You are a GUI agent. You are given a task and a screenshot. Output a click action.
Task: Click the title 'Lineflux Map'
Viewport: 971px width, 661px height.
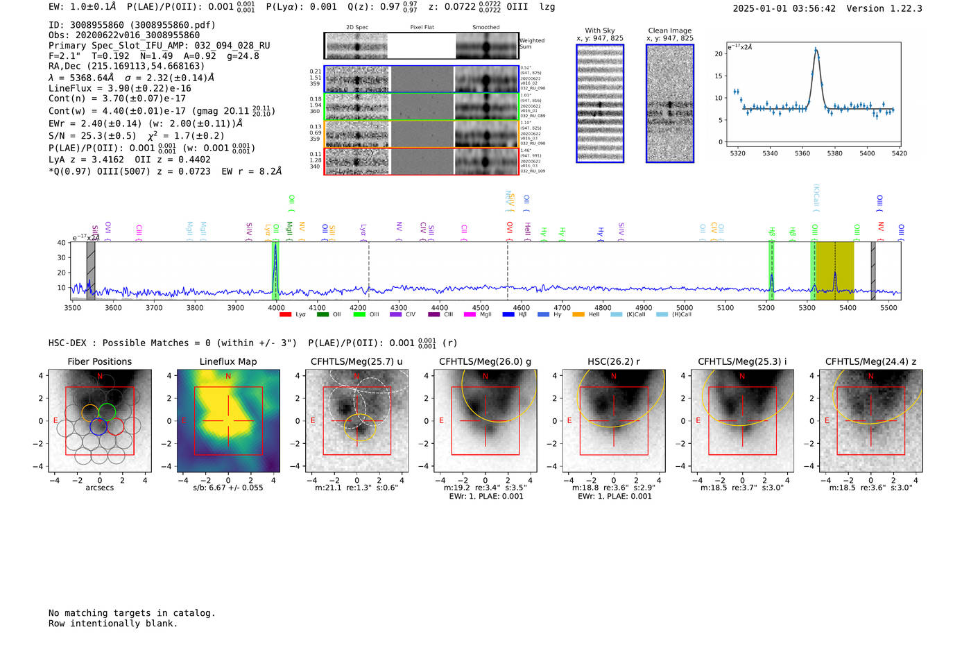tap(228, 361)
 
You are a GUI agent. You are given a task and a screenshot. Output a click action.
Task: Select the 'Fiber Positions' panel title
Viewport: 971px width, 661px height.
tap(100, 361)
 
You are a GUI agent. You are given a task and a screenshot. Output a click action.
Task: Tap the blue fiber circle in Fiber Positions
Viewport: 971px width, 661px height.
tap(98, 427)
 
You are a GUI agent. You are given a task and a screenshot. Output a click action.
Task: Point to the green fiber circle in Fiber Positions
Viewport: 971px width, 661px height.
tap(107, 411)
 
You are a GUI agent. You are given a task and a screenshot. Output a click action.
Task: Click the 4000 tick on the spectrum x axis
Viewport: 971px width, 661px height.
tap(276, 307)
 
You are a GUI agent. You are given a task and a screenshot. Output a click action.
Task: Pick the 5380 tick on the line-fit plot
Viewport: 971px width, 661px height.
tap(834, 153)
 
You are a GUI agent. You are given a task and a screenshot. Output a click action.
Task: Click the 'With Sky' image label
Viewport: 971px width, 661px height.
tap(600, 31)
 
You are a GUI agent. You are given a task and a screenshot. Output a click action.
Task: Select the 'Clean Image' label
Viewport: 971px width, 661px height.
tap(670, 31)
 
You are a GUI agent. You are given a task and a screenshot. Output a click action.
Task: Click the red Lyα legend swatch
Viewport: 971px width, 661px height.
tap(285, 315)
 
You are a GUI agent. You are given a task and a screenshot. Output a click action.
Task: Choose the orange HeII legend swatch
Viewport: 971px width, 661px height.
tap(578, 315)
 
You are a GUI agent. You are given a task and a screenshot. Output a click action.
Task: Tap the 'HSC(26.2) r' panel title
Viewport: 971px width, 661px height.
tap(614, 361)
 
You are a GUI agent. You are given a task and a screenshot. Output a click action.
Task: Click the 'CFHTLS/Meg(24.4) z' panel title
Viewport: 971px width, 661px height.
tap(870, 361)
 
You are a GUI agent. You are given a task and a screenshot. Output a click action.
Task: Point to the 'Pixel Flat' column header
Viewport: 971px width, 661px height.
tap(422, 27)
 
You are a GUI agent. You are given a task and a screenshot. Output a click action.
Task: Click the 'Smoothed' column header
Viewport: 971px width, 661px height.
tap(486, 27)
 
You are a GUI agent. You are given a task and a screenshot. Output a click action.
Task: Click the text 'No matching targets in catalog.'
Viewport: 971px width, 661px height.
tap(132, 613)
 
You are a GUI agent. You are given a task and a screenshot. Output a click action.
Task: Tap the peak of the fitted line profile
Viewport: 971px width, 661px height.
tap(816, 49)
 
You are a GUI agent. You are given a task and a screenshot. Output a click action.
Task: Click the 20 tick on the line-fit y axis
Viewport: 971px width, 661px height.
tap(719, 53)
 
